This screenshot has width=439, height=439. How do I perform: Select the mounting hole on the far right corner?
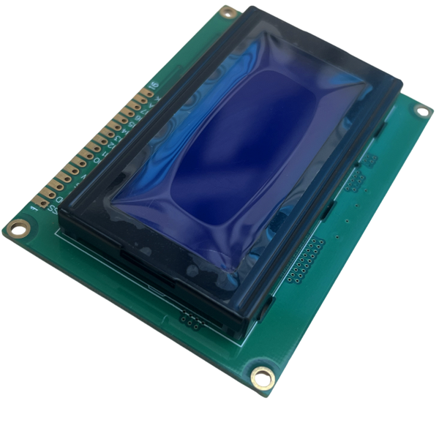tap(422, 110)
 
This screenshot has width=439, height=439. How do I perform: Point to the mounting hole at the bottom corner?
tap(263, 378)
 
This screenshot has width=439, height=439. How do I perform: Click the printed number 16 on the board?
tap(154, 86)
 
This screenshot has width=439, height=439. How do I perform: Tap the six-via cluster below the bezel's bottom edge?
tap(190, 319)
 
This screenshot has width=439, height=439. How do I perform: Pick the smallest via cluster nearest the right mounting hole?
tap(371, 160)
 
